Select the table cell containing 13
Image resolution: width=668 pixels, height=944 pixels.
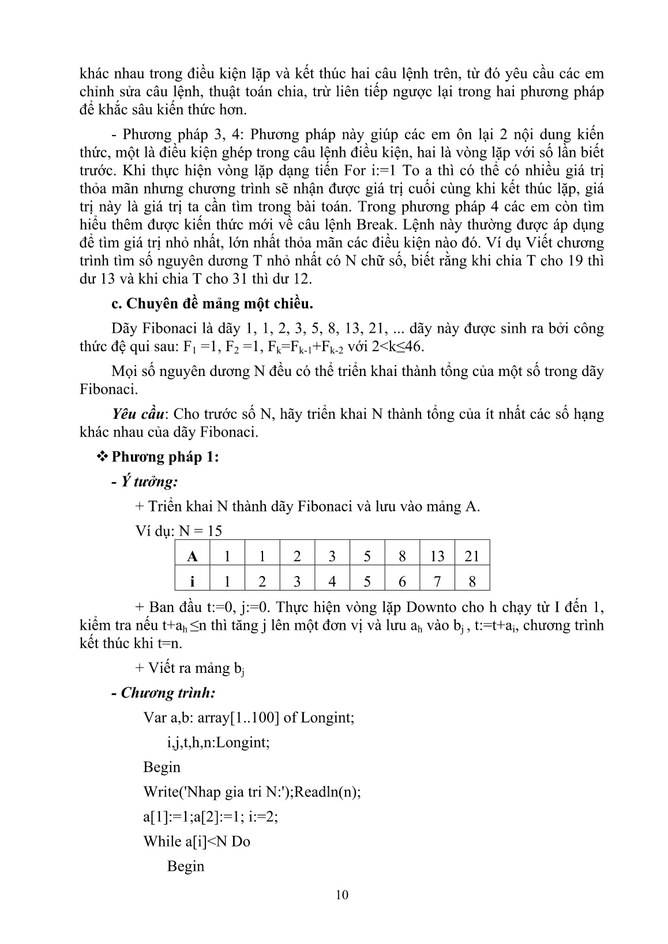pos(437,556)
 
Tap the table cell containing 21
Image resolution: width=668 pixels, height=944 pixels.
pos(472,556)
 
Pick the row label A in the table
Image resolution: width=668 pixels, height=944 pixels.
pos(193,556)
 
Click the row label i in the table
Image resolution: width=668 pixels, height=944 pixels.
pos(193,581)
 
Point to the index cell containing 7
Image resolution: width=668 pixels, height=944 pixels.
pos(437,581)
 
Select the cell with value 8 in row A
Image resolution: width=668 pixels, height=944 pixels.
pos(402,556)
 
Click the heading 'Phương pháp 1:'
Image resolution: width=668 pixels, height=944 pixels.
pos(166,457)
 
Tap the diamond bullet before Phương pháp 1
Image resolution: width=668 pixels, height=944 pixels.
pos(104,457)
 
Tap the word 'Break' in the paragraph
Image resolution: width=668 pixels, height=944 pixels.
pos(398,224)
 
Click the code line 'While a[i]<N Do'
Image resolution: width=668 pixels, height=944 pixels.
pos(197,841)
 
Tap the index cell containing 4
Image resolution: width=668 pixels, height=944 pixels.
pos(332,581)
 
